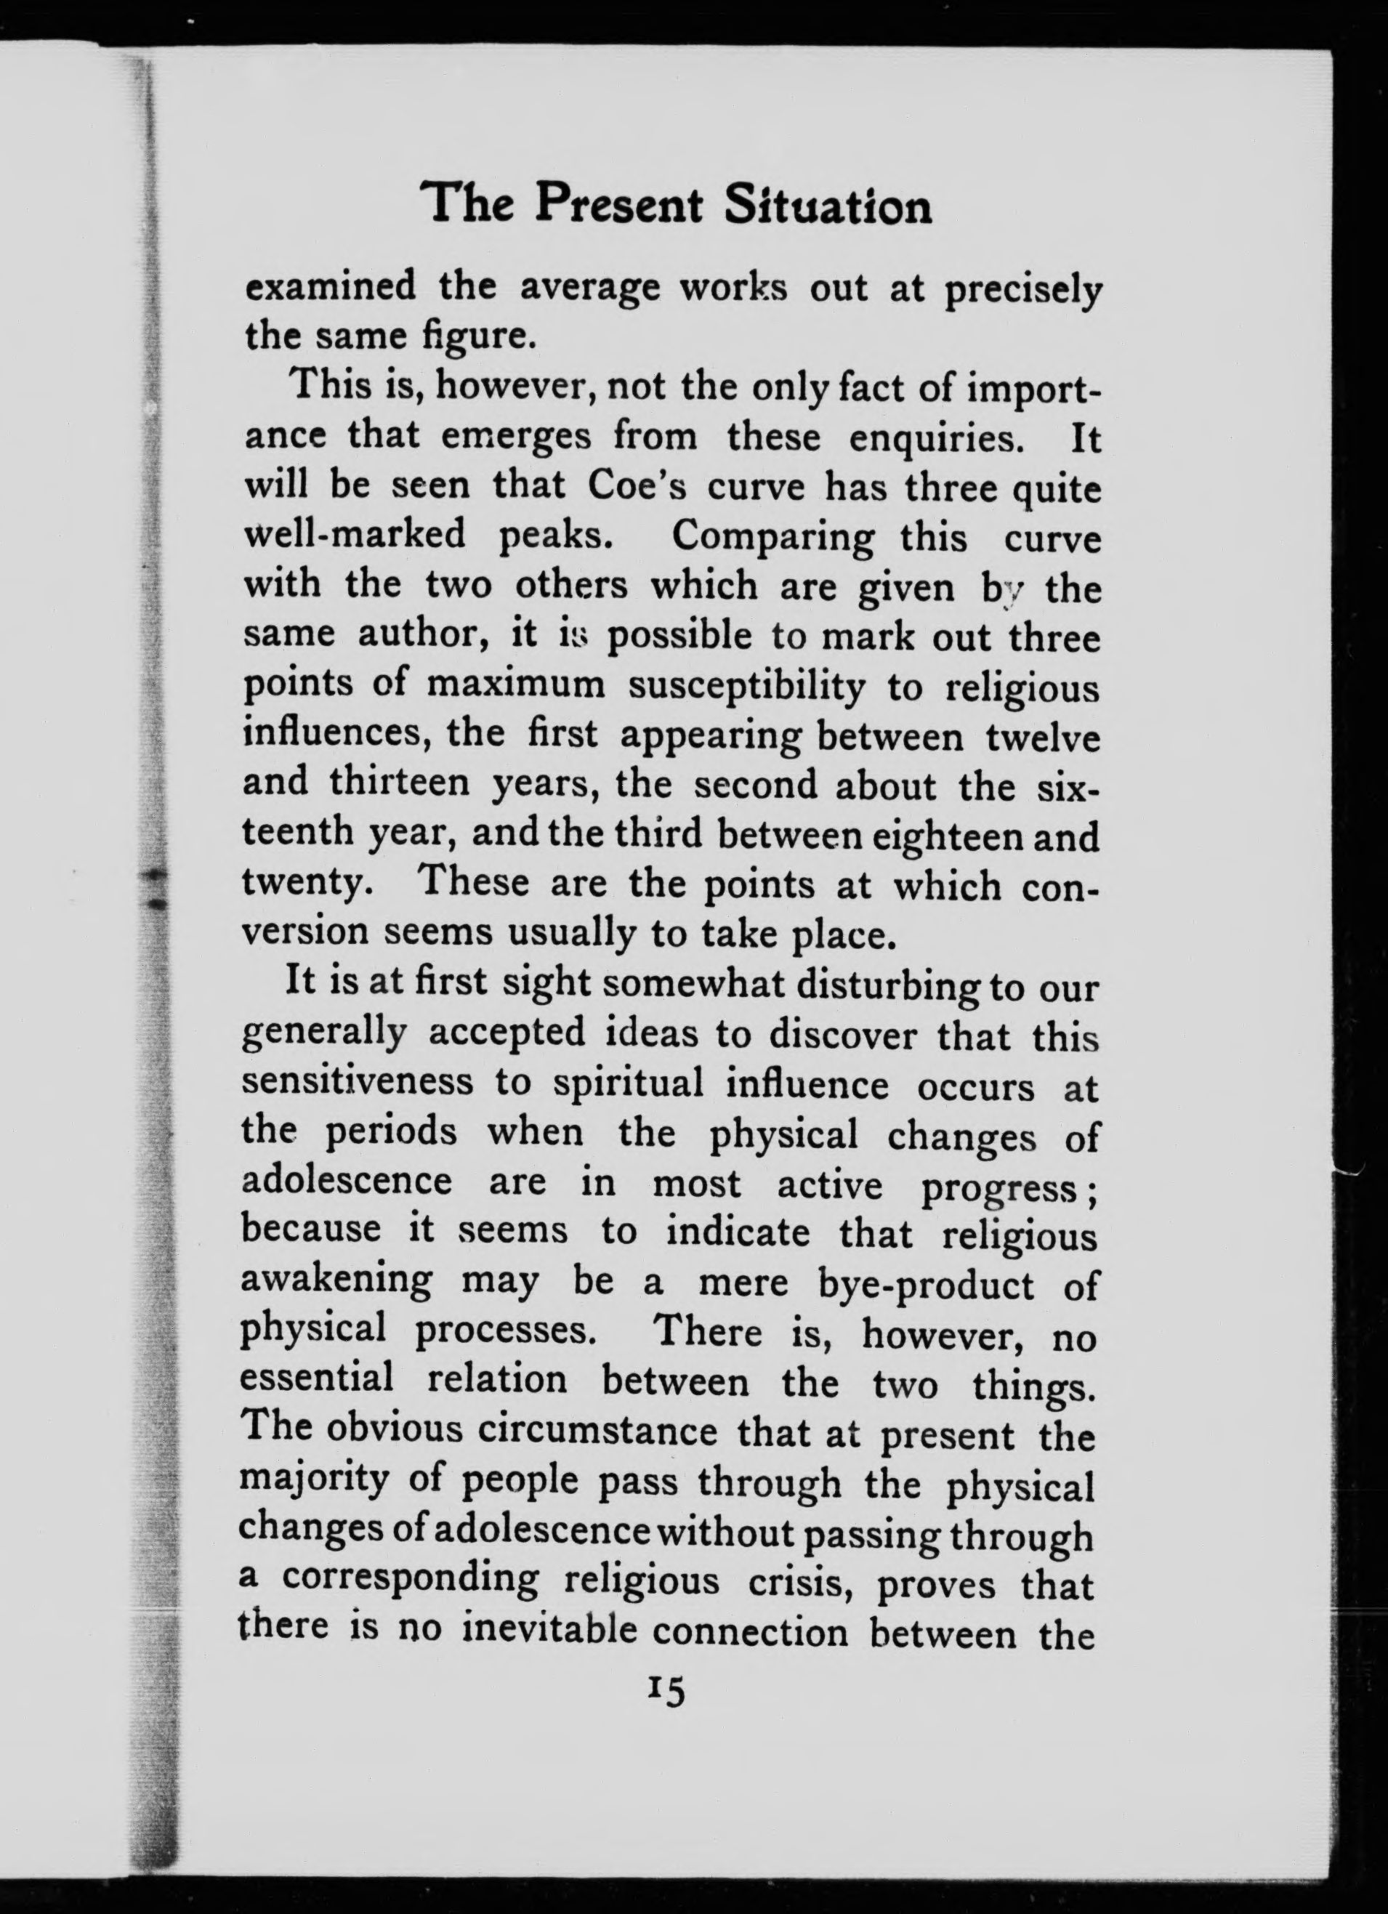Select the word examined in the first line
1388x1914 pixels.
(330, 288)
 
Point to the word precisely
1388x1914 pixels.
(1022, 291)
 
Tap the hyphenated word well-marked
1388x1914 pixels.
(355, 534)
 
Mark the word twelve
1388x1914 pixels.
(1043, 738)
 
